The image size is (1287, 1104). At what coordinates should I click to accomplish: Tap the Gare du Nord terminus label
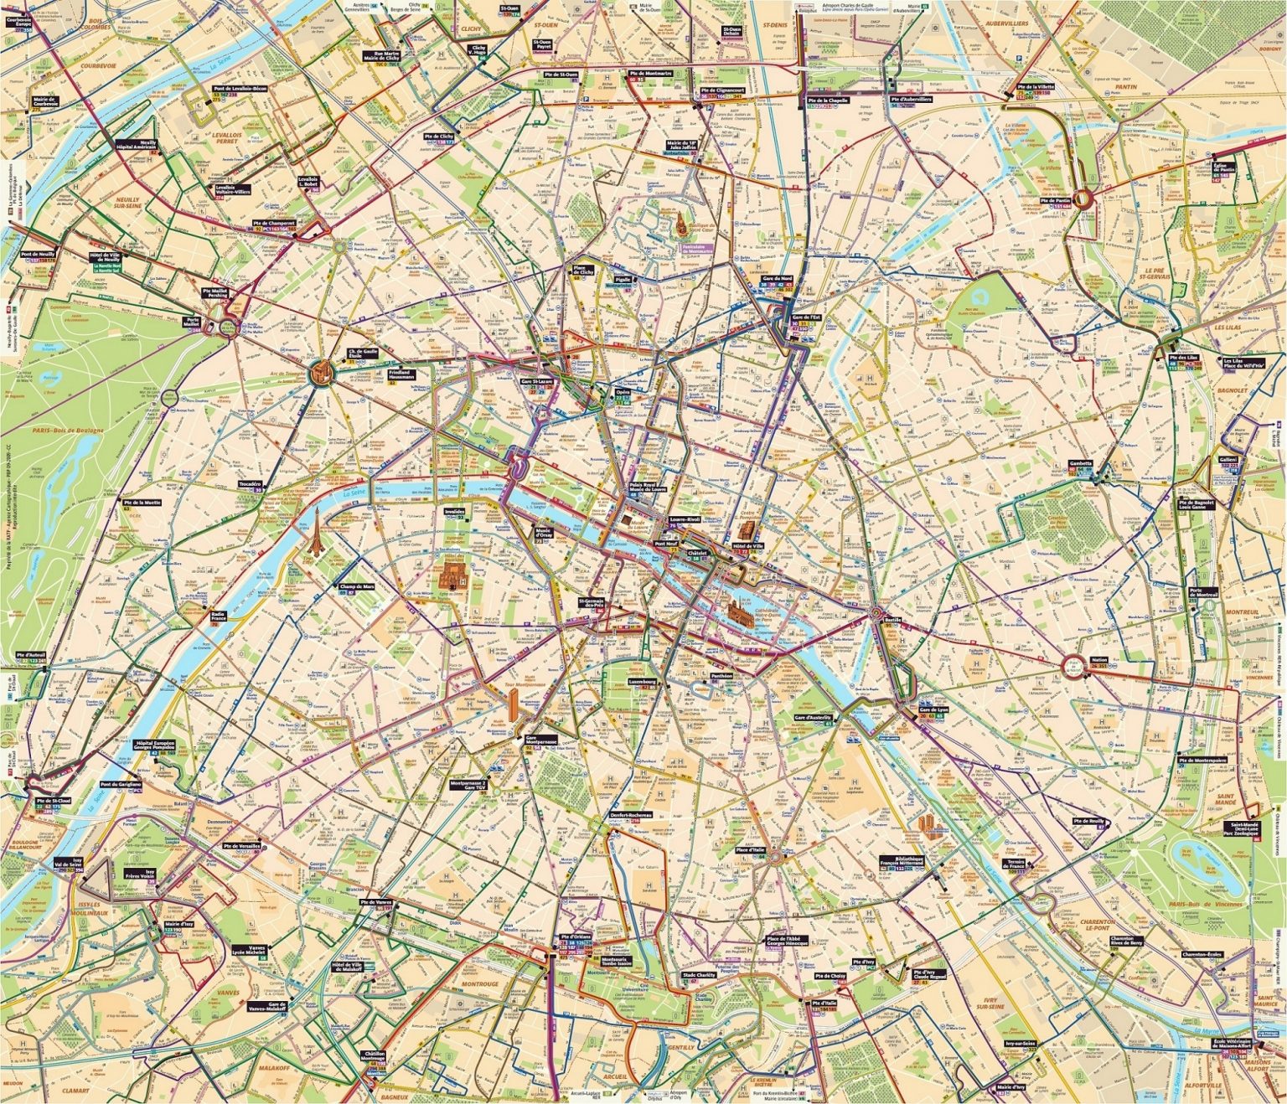(x=777, y=278)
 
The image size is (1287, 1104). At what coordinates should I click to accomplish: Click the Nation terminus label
(x=1099, y=659)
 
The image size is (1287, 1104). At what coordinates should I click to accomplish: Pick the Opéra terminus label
(x=623, y=391)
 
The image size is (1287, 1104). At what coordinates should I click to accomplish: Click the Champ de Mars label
(x=356, y=587)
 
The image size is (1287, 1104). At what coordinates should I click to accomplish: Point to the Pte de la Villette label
(x=1034, y=86)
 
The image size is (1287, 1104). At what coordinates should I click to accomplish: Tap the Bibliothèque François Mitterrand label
(x=901, y=863)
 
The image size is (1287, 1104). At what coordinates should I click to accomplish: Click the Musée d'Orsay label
(x=548, y=534)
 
